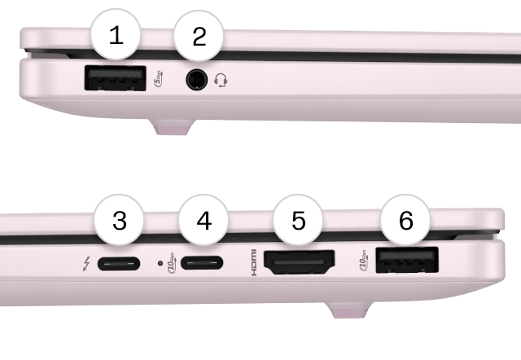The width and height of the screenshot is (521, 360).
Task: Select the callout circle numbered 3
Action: (120, 222)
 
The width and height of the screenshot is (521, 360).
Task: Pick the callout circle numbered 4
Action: (204, 222)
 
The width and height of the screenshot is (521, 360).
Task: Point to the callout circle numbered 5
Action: (299, 222)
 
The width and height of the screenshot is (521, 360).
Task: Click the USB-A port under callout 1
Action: (114, 79)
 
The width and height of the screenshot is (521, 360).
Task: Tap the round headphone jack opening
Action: (195, 80)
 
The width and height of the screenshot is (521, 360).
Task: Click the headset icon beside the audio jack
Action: (221, 80)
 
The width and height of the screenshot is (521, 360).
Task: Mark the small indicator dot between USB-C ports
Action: (160, 264)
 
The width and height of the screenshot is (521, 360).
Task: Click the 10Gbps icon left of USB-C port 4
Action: (172, 264)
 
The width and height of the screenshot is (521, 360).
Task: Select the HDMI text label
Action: (253, 264)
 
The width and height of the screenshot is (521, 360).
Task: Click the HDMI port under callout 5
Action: (300, 264)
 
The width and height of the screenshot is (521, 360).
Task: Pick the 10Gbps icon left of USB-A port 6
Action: (363, 262)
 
